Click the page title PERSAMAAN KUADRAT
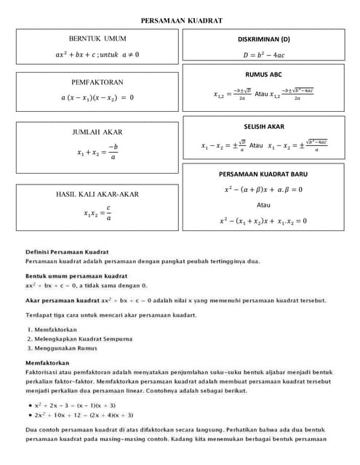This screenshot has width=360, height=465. tap(181, 21)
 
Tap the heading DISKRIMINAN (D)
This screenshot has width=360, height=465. tap(263, 39)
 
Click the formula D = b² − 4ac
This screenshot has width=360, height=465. tap(263, 54)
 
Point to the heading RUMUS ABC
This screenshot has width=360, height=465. tap(263, 74)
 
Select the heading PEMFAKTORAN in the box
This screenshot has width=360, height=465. tap(97, 82)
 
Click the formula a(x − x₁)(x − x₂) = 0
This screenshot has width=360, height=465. tap(97, 97)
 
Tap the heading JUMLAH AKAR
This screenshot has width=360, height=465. tap(97, 132)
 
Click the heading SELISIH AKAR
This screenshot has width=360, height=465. tap(263, 126)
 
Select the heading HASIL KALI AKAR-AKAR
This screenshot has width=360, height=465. tap(97, 194)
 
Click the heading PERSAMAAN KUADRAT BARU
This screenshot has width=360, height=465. tap(263, 174)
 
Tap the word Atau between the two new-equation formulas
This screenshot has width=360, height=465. tap(263, 205)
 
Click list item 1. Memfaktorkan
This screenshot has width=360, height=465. tap(51, 329)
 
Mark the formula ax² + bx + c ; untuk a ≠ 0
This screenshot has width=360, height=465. tap(97, 54)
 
